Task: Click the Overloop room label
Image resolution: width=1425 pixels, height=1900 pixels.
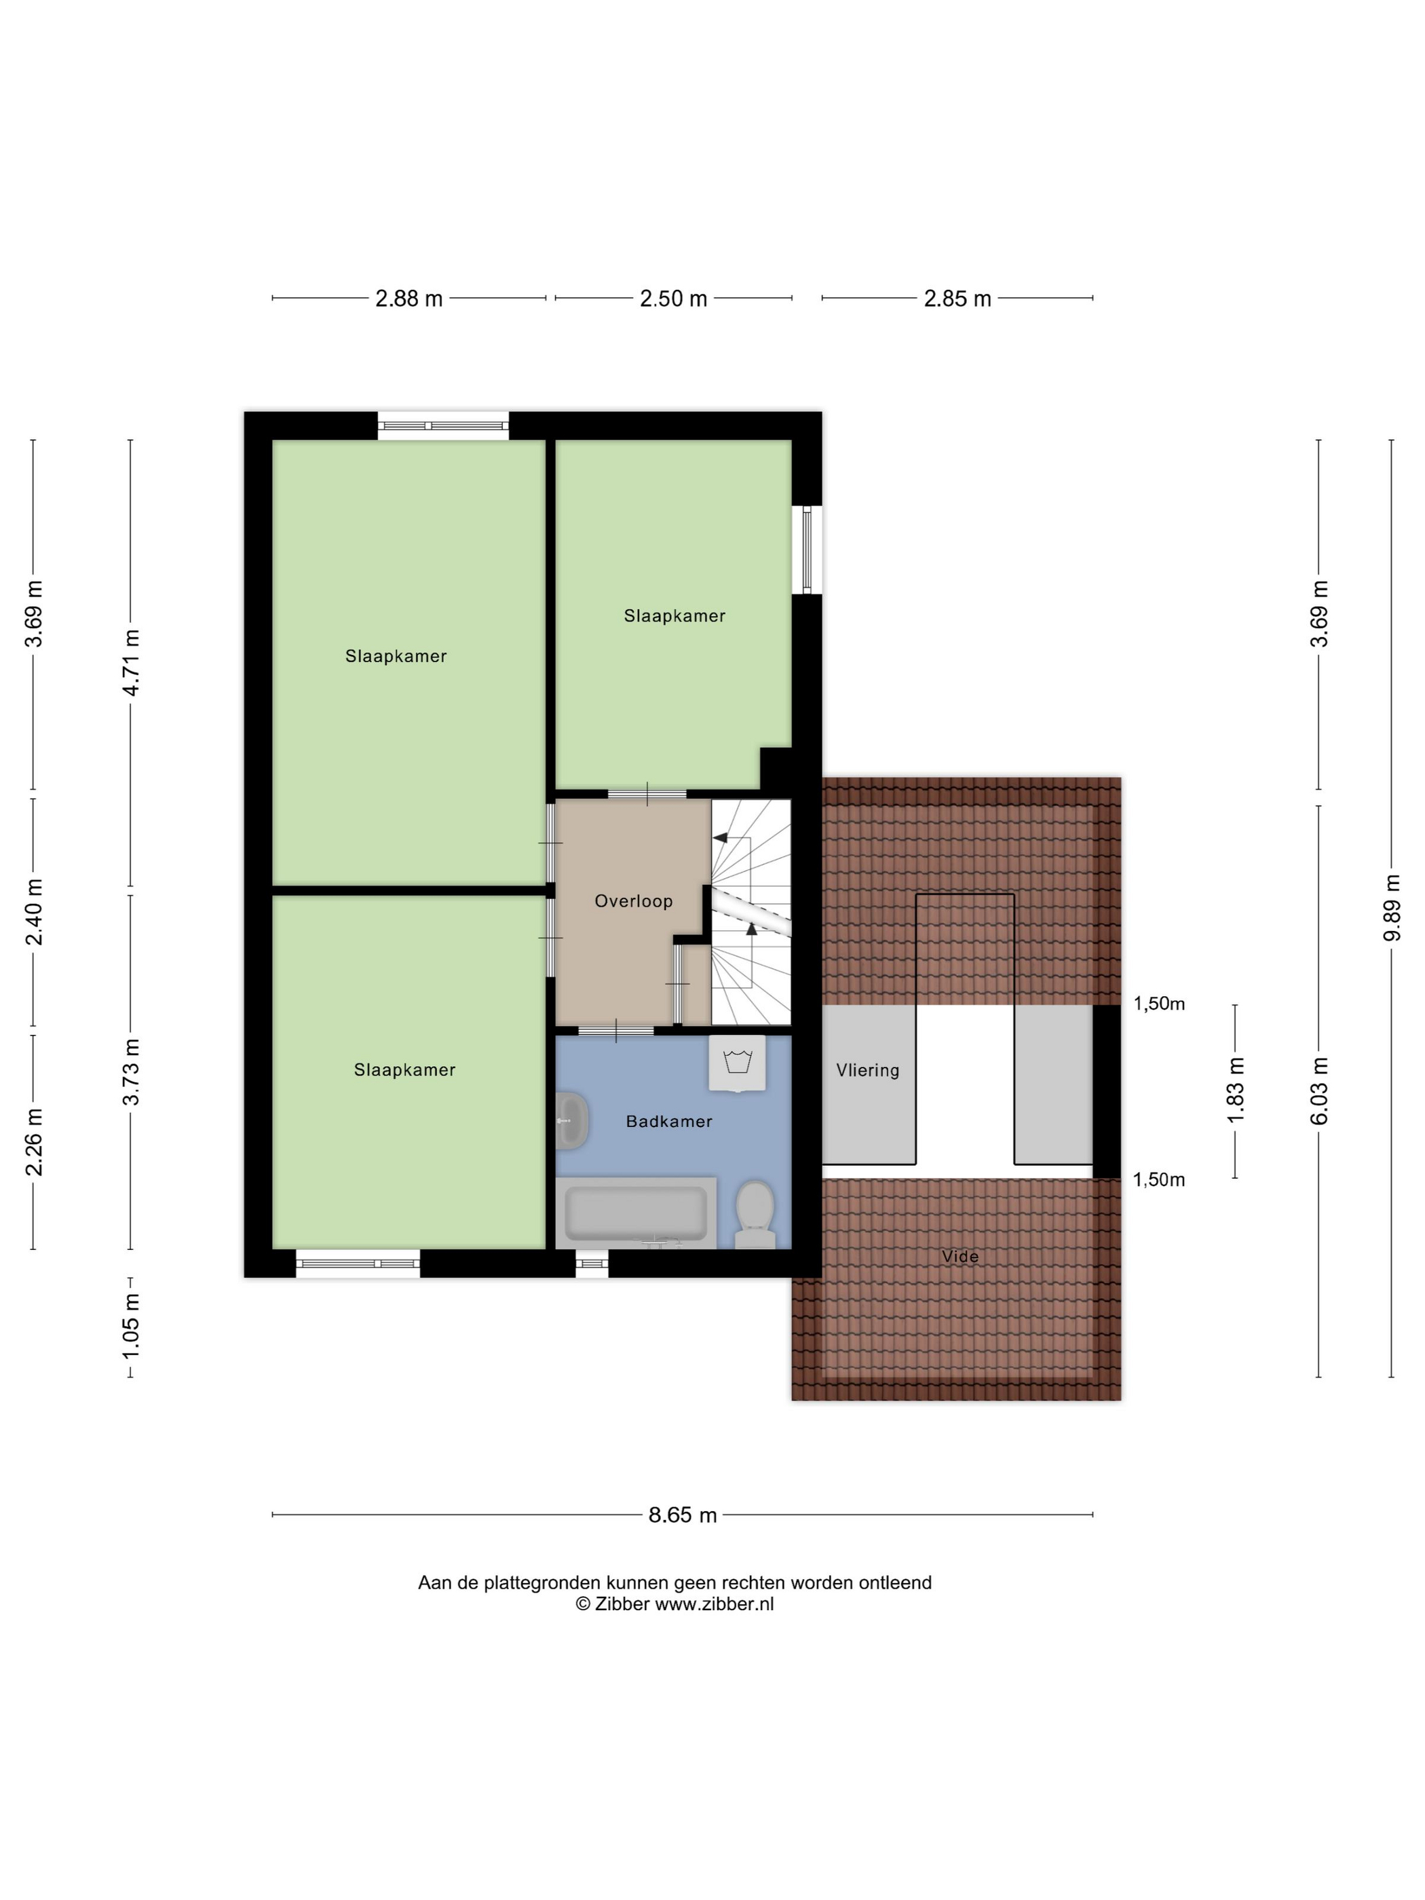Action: click(633, 900)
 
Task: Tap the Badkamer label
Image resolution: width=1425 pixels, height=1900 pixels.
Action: click(668, 1120)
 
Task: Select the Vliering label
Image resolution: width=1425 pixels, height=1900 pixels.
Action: click(867, 1069)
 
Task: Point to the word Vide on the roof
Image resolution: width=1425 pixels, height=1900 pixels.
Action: click(959, 1256)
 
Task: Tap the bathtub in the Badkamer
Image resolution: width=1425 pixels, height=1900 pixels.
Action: click(636, 1212)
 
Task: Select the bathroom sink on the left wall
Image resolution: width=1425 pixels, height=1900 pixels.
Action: click(571, 1120)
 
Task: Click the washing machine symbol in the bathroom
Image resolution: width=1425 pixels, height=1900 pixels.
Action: click(737, 1063)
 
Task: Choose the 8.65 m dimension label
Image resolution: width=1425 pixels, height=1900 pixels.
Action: click(682, 1515)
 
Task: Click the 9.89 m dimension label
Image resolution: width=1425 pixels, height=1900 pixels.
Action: click(1392, 907)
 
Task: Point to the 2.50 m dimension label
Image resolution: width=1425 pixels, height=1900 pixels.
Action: click(673, 298)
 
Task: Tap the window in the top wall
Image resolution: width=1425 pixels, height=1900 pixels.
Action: click(443, 425)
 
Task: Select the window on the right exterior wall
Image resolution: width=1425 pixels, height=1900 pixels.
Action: click(807, 549)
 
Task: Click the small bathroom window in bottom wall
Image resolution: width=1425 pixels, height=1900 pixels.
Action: click(591, 1263)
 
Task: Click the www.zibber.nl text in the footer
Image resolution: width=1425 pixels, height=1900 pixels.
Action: click(715, 1603)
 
